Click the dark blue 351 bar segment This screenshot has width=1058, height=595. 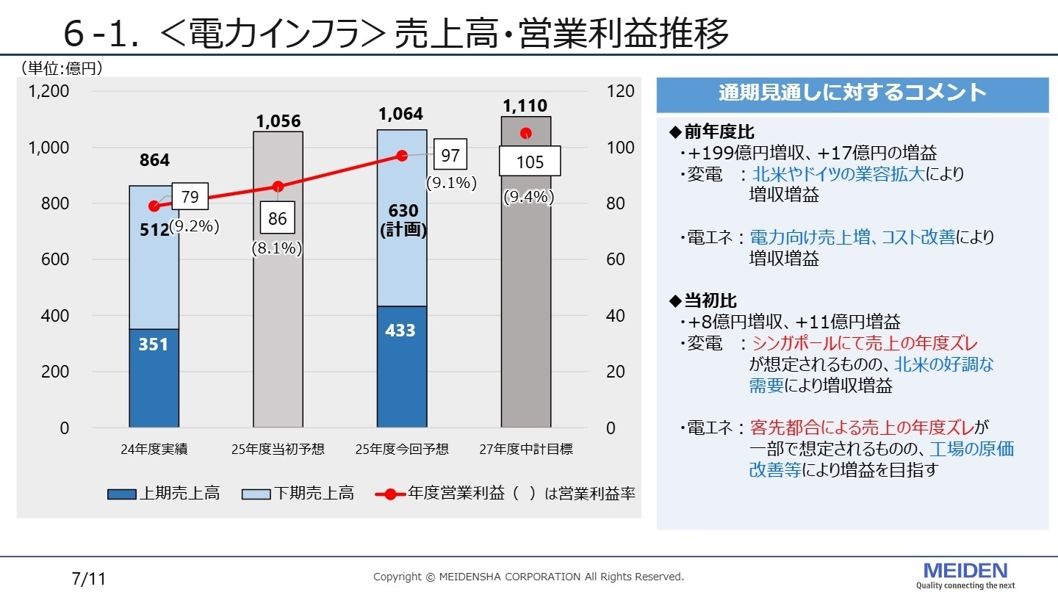(x=154, y=378)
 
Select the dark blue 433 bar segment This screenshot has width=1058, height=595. (x=401, y=367)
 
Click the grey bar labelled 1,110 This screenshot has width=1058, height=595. (x=526, y=309)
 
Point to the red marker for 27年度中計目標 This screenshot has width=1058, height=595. (x=526, y=133)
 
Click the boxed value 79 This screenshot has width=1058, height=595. (x=190, y=197)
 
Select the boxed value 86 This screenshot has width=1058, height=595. (x=278, y=218)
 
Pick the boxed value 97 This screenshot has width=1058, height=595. (x=451, y=156)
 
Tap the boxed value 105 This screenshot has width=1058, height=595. (x=530, y=162)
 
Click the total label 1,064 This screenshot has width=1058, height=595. (x=401, y=114)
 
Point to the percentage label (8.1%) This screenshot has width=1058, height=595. (x=277, y=248)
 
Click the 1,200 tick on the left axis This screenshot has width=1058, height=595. (x=48, y=91)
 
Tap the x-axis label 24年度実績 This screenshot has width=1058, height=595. (x=154, y=449)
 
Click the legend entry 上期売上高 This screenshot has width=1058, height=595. (x=163, y=494)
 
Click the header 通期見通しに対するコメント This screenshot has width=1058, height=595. (x=852, y=93)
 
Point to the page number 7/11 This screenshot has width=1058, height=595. (x=90, y=579)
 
